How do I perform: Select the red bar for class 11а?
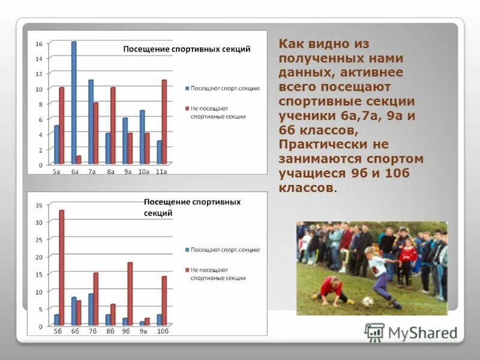tap(164, 122)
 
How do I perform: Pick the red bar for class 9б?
tap(130, 294)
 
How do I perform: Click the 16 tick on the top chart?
tap(38, 44)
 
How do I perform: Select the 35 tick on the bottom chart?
tap(39, 205)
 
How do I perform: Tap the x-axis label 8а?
tap(110, 172)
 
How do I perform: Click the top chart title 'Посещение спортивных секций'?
tap(187, 49)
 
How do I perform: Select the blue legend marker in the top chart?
tap(187, 89)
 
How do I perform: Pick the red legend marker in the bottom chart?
tap(187, 271)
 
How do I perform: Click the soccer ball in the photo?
tap(368, 302)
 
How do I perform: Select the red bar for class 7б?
tap(95, 299)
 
